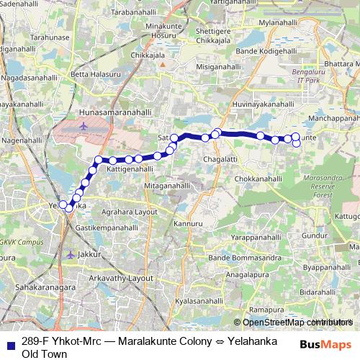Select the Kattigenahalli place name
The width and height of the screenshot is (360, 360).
pos(130,170)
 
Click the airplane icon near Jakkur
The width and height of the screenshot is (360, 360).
pos(69,254)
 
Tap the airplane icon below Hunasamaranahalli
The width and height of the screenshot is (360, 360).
pos(84,126)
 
